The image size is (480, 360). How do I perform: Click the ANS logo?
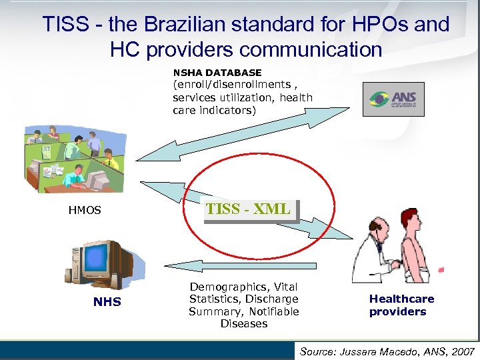click(393, 99)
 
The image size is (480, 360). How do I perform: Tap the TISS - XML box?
click(249, 209)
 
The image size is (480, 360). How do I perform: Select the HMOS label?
click(85, 210)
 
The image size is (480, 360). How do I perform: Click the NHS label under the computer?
click(107, 302)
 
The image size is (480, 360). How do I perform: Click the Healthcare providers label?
click(401, 305)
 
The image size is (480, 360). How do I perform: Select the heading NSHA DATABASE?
click(217, 72)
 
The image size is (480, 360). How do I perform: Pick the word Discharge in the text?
click(272, 299)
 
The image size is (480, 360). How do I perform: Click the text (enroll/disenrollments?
click(230, 85)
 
